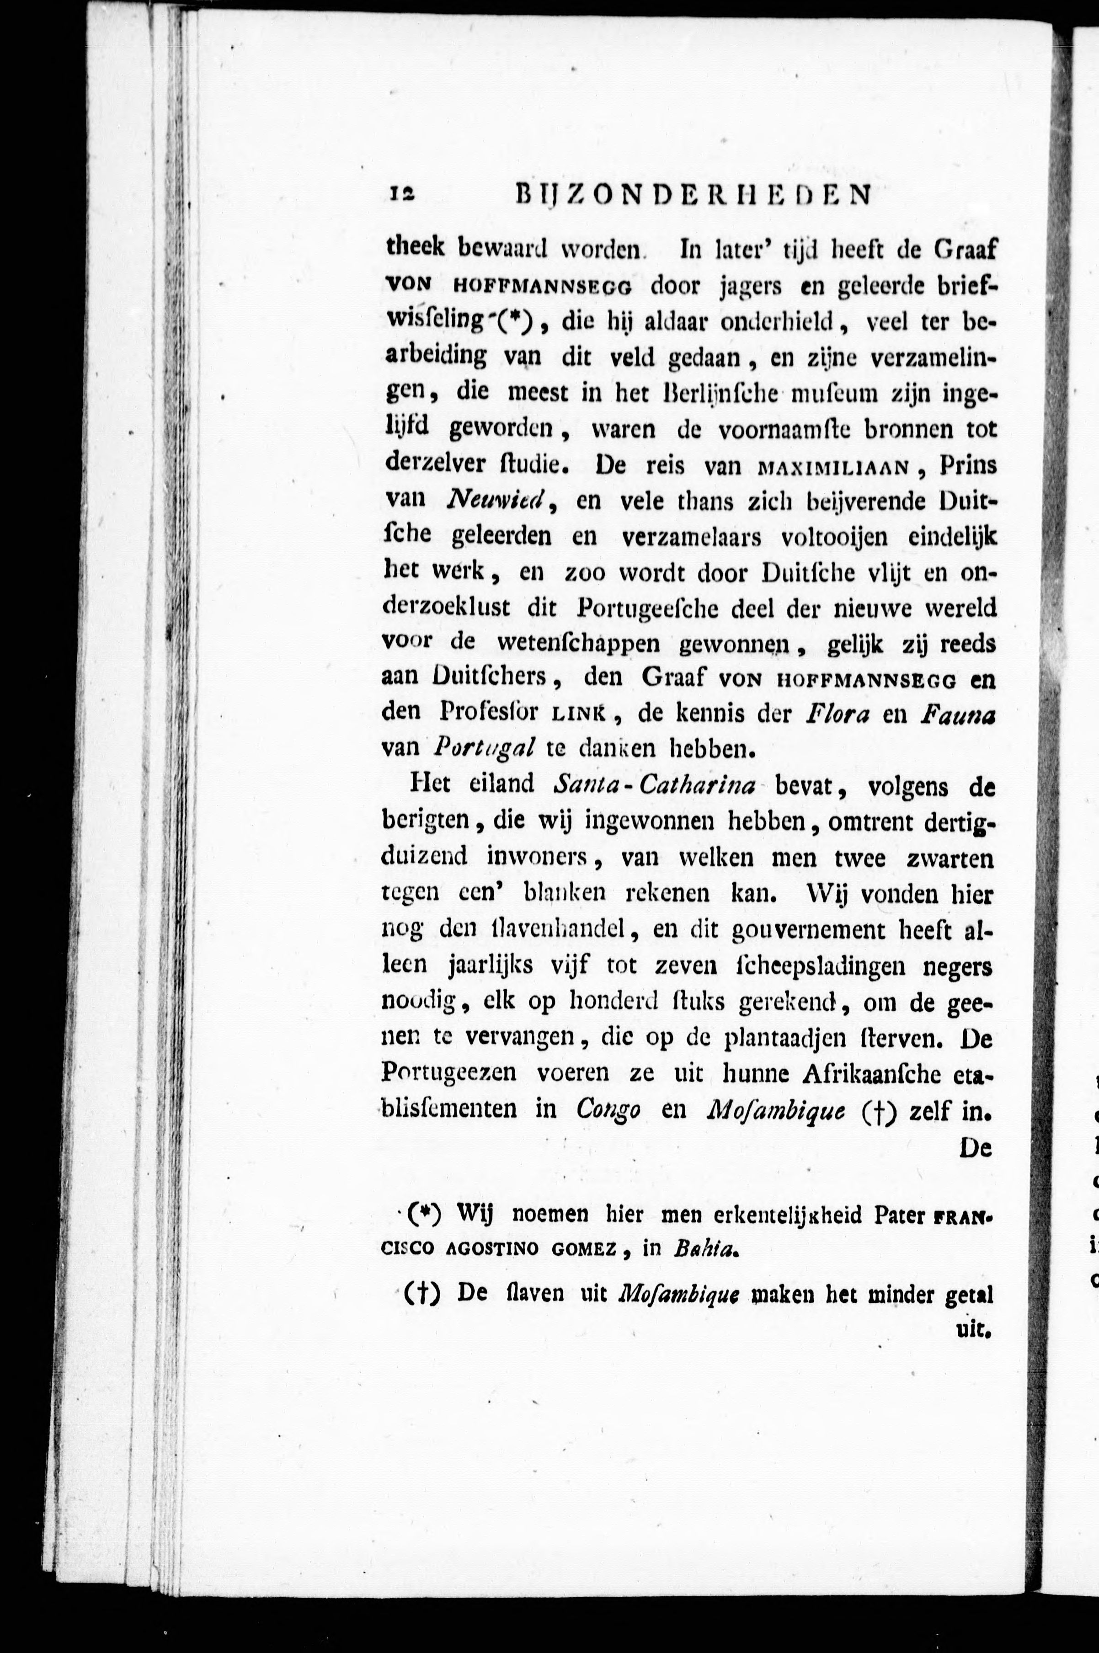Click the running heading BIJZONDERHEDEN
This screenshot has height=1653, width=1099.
[693, 194]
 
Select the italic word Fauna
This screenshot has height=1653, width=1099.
[957, 713]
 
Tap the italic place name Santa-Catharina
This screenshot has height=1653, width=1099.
[653, 786]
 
